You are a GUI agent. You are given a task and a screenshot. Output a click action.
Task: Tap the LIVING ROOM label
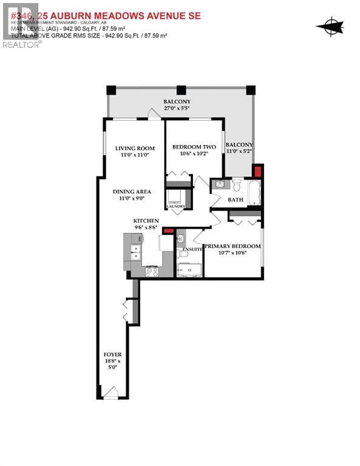[x=135, y=148]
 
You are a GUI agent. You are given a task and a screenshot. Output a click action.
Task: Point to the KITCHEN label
[x=146, y=220]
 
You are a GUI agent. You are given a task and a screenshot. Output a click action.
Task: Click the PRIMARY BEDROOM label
[x=232, y=246]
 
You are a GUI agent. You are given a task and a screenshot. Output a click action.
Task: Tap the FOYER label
[x=112, y=354]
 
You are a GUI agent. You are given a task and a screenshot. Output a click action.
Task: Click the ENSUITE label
[x=192, y=249]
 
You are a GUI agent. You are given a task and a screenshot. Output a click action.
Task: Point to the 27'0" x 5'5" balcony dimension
[x=177, y=109]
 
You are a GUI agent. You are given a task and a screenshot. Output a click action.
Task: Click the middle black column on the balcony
[x=180, y=90]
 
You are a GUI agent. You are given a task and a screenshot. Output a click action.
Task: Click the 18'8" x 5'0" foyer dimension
[x=112, y=363]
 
